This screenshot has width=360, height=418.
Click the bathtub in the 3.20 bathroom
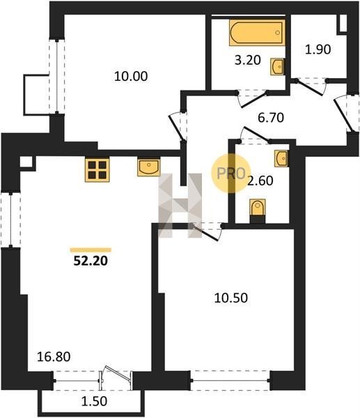point(257,33)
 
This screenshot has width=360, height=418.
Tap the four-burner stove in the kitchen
point(97,170)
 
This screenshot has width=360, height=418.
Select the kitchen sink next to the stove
point(149,167)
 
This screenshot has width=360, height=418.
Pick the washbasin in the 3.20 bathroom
point(278,67)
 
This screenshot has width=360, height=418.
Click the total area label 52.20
point(91,261)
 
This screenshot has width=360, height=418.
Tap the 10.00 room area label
point(131,77)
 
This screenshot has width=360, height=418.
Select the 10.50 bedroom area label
point(230,297)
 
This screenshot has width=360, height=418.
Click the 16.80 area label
point(54,357)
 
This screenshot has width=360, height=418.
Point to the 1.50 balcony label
point(94,401)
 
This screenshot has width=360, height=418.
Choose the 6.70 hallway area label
point(271,118)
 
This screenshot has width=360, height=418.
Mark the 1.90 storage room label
point(318,49)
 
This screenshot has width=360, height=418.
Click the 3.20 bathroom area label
point(248,60)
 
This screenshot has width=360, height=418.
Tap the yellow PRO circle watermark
point(230,173)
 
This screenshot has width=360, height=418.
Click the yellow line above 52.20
point(91,250)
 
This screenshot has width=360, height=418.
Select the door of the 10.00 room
point(177,127)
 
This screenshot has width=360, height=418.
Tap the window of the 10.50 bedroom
point(230,380)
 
